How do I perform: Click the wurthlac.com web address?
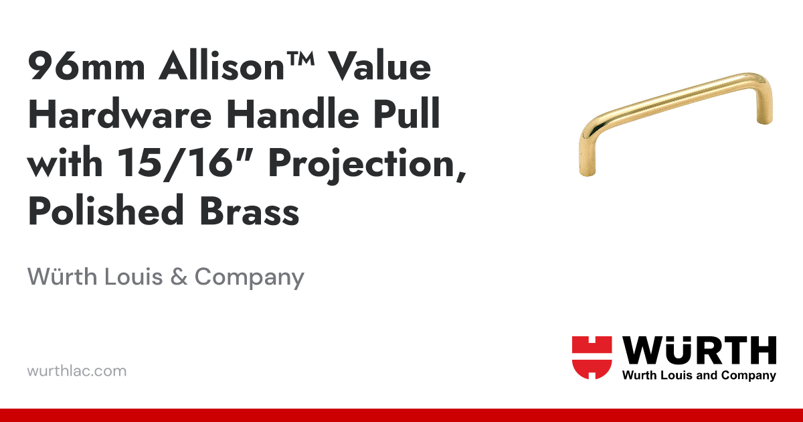click(77, 370)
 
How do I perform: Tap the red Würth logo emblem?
click(592, 357)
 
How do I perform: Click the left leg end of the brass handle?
click(587, 167)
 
